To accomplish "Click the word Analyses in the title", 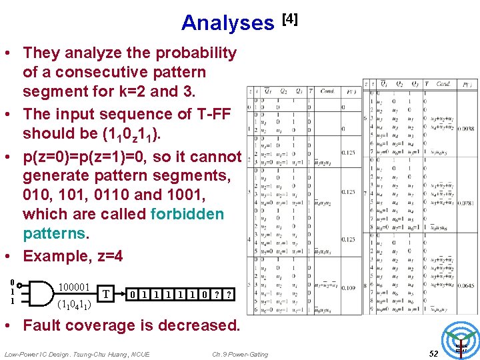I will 227,23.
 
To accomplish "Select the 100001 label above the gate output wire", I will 74,287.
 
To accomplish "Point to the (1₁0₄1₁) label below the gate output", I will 75,305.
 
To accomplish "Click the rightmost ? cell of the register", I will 229,294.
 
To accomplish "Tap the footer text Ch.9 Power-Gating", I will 240,354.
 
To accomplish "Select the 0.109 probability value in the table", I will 348,287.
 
